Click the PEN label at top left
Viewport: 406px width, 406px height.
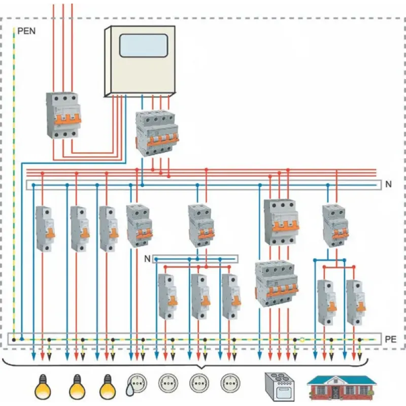26,30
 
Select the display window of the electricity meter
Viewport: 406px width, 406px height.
143,46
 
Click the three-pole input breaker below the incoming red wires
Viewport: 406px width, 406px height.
62,115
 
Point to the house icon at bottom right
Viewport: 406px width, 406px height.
342,387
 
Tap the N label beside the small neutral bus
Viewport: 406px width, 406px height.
147,259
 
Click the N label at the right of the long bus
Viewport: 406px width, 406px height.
388,184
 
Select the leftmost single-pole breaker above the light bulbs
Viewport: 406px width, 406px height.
45,228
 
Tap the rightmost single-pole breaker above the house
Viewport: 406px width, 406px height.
355,302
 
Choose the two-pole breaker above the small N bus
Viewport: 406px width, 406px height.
200,226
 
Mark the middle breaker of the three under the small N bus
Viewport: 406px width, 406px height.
200,297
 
